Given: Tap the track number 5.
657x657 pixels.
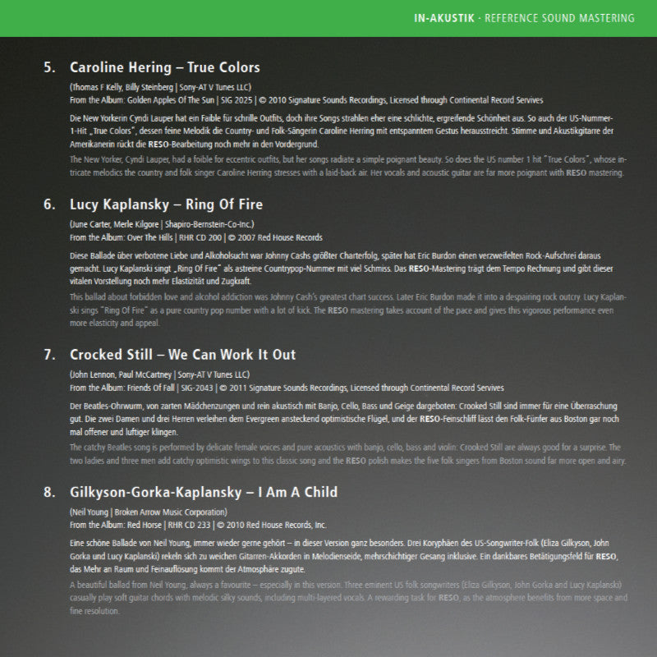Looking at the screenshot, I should [x=49, y=67].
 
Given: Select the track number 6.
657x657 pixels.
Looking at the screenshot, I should [x=49, y=204].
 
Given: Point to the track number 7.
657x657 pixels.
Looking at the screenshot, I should [x=49, y=355].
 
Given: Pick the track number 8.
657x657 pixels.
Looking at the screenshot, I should [x=49, y=492].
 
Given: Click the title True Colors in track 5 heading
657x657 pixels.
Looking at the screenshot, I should [x=223, y=67].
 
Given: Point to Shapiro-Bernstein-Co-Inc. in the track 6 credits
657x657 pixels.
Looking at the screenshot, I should [x=212, y=223].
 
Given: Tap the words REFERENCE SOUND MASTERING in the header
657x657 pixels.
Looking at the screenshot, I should [x=572, y=18].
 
